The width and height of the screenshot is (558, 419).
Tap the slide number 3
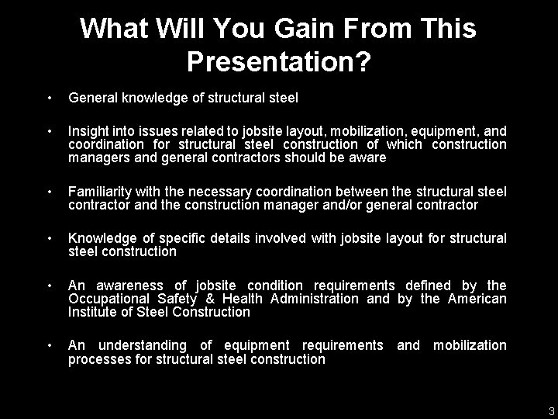551,412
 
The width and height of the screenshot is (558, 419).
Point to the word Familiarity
101,192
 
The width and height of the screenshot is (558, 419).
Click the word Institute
89,312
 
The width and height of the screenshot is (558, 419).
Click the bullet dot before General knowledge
49,99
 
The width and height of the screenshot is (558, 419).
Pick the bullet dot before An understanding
49,345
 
